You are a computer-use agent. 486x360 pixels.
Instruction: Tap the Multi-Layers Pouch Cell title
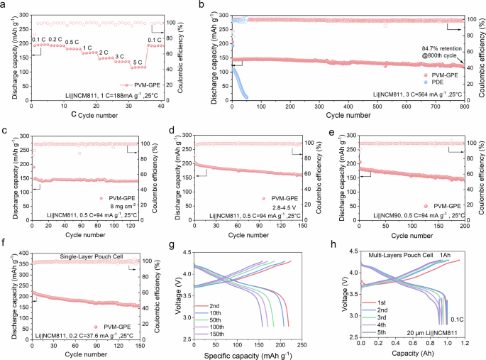(399, 253)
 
